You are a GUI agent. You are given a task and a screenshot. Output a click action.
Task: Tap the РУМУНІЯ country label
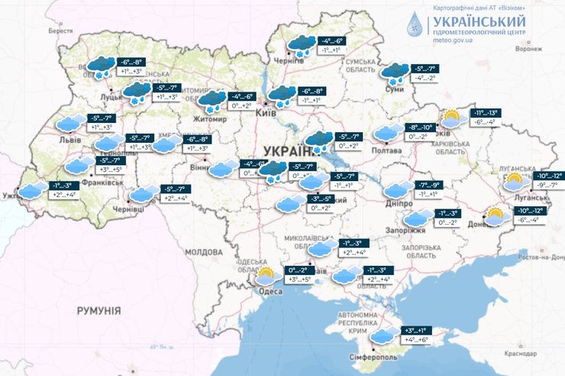[x=98, y=310]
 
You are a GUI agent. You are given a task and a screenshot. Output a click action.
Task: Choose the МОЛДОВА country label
[x=203, y=251]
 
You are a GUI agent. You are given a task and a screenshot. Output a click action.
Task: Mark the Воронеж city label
[x=528, y=48]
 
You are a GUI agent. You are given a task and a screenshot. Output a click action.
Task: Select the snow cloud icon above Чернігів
[x=301, y=44]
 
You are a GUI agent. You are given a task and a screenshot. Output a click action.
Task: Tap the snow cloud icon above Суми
[x=395, y=73]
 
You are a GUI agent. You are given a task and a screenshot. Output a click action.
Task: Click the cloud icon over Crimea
[x=383, y=335]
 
